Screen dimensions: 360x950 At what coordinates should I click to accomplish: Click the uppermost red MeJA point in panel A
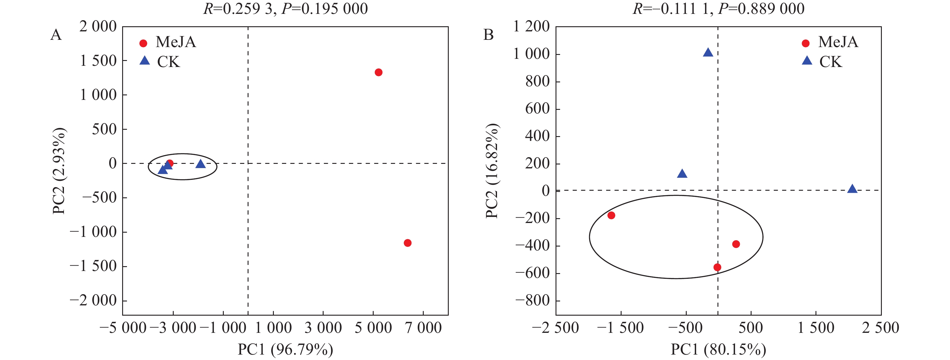click(378, 72)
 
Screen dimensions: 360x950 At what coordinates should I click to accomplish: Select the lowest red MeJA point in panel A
click(407, 243)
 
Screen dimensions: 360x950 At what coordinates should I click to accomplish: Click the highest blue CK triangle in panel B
click(708, 53)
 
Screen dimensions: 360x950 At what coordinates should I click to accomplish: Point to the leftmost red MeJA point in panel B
click(611, 215)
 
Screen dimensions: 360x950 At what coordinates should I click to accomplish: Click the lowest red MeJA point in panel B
click(717, 267)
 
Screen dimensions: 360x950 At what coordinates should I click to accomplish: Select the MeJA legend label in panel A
click(176, 42)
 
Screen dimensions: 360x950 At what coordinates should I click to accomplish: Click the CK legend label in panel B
click(831, 62)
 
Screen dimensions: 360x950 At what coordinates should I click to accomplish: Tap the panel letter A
click(56, 35)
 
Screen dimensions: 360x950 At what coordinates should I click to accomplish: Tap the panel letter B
click(488, 35)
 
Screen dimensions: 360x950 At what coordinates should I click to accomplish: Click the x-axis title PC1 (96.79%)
click(285, 349)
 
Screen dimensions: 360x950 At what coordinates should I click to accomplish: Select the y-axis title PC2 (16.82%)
click(492, 171)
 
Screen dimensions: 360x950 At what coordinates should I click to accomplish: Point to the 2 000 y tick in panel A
click(98, 27)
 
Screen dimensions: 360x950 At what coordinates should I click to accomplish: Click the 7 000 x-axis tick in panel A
click(423, 327)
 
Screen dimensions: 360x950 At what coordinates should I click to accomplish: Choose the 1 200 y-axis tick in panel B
click(531, 27)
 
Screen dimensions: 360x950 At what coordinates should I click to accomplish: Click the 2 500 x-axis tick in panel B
click(880, 327)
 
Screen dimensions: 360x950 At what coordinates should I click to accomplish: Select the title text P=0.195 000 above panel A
click(325, 8)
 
